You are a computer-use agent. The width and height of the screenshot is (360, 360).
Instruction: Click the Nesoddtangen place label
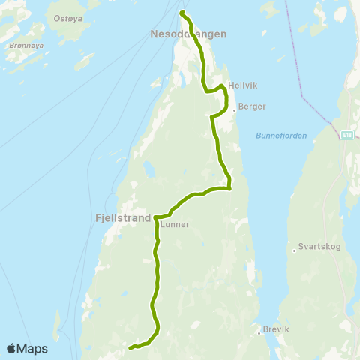click(188, 34)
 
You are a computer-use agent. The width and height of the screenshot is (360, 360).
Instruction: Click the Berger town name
click(252, 107)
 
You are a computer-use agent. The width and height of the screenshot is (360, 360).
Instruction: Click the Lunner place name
click(175, 223)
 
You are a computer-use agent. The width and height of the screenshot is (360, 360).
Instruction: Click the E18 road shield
click(346, 135)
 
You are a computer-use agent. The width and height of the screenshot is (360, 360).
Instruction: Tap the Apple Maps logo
click(26, 348)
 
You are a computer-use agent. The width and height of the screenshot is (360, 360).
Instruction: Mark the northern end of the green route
click(183, 13)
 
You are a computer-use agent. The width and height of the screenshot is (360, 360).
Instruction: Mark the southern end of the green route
click(130, 347)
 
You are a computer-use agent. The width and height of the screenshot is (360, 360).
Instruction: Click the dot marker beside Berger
click(235, 109)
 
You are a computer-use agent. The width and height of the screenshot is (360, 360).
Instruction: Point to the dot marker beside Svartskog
click(294, 250)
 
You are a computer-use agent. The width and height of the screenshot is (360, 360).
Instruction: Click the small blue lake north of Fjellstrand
click(148, 172)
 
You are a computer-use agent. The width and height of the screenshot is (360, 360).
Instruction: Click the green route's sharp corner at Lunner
click(156, 217)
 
